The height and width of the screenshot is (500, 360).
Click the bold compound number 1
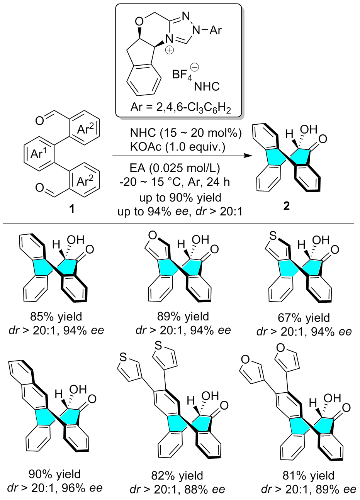[72, 209]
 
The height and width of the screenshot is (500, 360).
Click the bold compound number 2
[286, 207]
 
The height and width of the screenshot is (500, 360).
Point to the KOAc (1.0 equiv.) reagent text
[178, 147]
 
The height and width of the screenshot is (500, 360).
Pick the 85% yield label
[56, 316]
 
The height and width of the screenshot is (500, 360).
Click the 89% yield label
[183, 316]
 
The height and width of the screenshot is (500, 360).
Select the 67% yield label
[304, 318]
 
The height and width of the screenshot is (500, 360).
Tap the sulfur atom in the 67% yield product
[273, 236]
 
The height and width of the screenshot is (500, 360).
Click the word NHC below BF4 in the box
[207, 86]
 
